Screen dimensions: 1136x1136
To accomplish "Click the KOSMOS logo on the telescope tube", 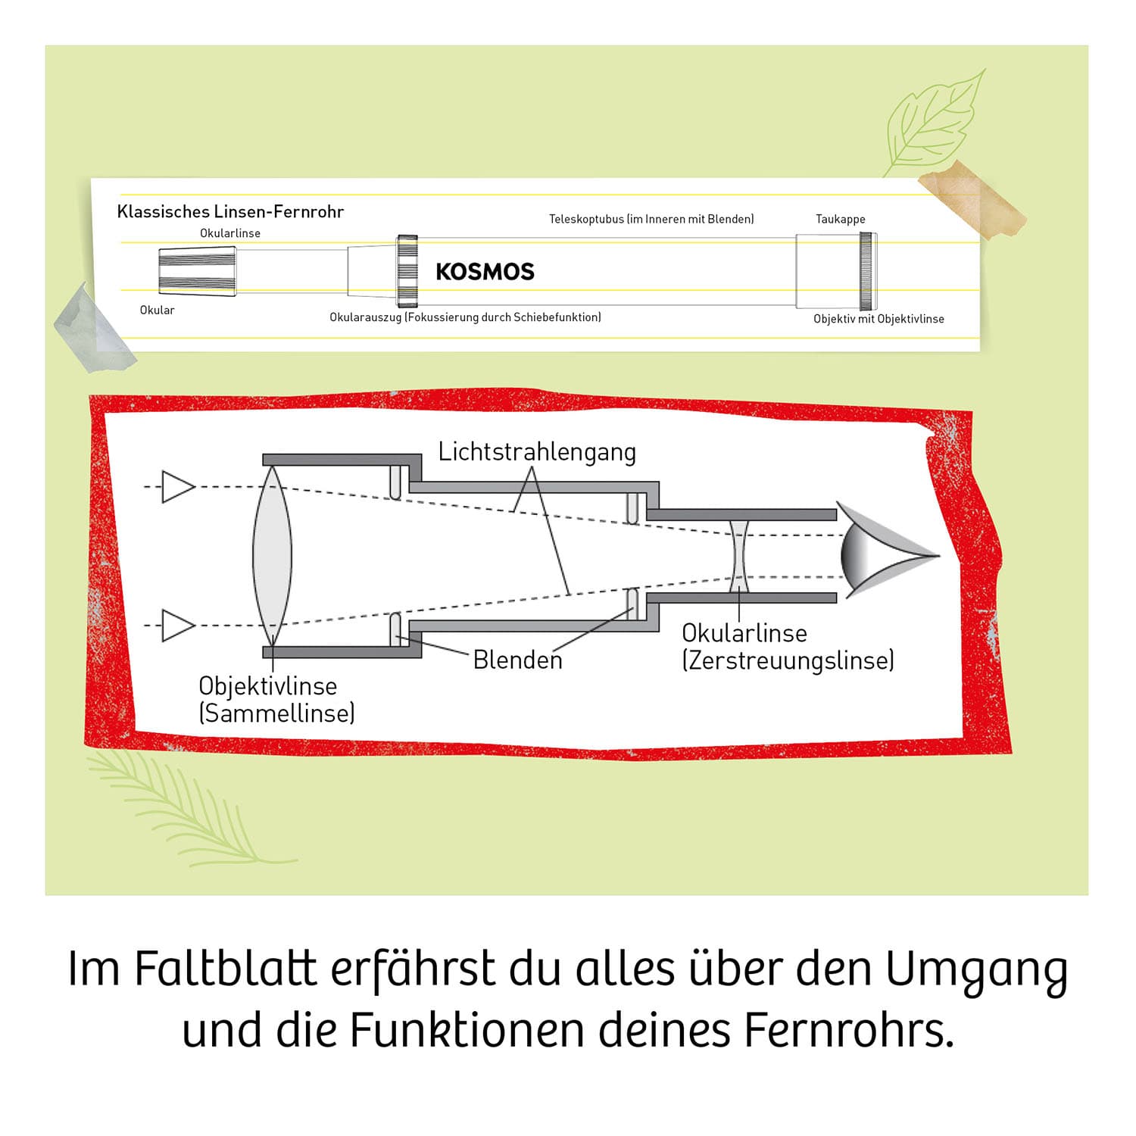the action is click(x=485, y=271).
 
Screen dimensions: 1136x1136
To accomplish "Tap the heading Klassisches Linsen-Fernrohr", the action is click(x=230, y=211).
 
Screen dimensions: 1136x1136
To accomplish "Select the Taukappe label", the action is click(x=840, y=219).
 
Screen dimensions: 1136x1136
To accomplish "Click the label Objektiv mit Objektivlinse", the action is click(x=879, y=319).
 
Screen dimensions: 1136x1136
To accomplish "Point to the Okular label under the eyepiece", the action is click(x=157, y=310).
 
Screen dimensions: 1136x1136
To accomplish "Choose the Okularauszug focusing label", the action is click(x=465, y=317).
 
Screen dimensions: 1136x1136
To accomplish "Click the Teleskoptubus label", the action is click(x=651, y=219).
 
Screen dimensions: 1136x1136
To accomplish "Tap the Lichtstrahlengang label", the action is click(x=537, y=452).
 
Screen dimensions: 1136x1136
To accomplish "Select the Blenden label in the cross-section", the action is click(x=518, y=660).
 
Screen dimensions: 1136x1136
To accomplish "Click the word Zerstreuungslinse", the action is click(x=788, y=660).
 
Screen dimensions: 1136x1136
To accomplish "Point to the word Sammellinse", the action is click(x=276, y=713).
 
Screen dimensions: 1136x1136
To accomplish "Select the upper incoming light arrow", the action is click(x=179, y=487).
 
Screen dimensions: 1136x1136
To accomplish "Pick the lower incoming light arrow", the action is click(x=179, y=626).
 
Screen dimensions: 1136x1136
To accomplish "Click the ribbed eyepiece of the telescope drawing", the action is click(x=197, y=271).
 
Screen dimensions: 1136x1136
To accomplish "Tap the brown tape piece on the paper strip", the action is click(x=972, y=201).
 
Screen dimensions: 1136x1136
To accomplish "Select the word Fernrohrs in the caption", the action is click(x=848, y=1031).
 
